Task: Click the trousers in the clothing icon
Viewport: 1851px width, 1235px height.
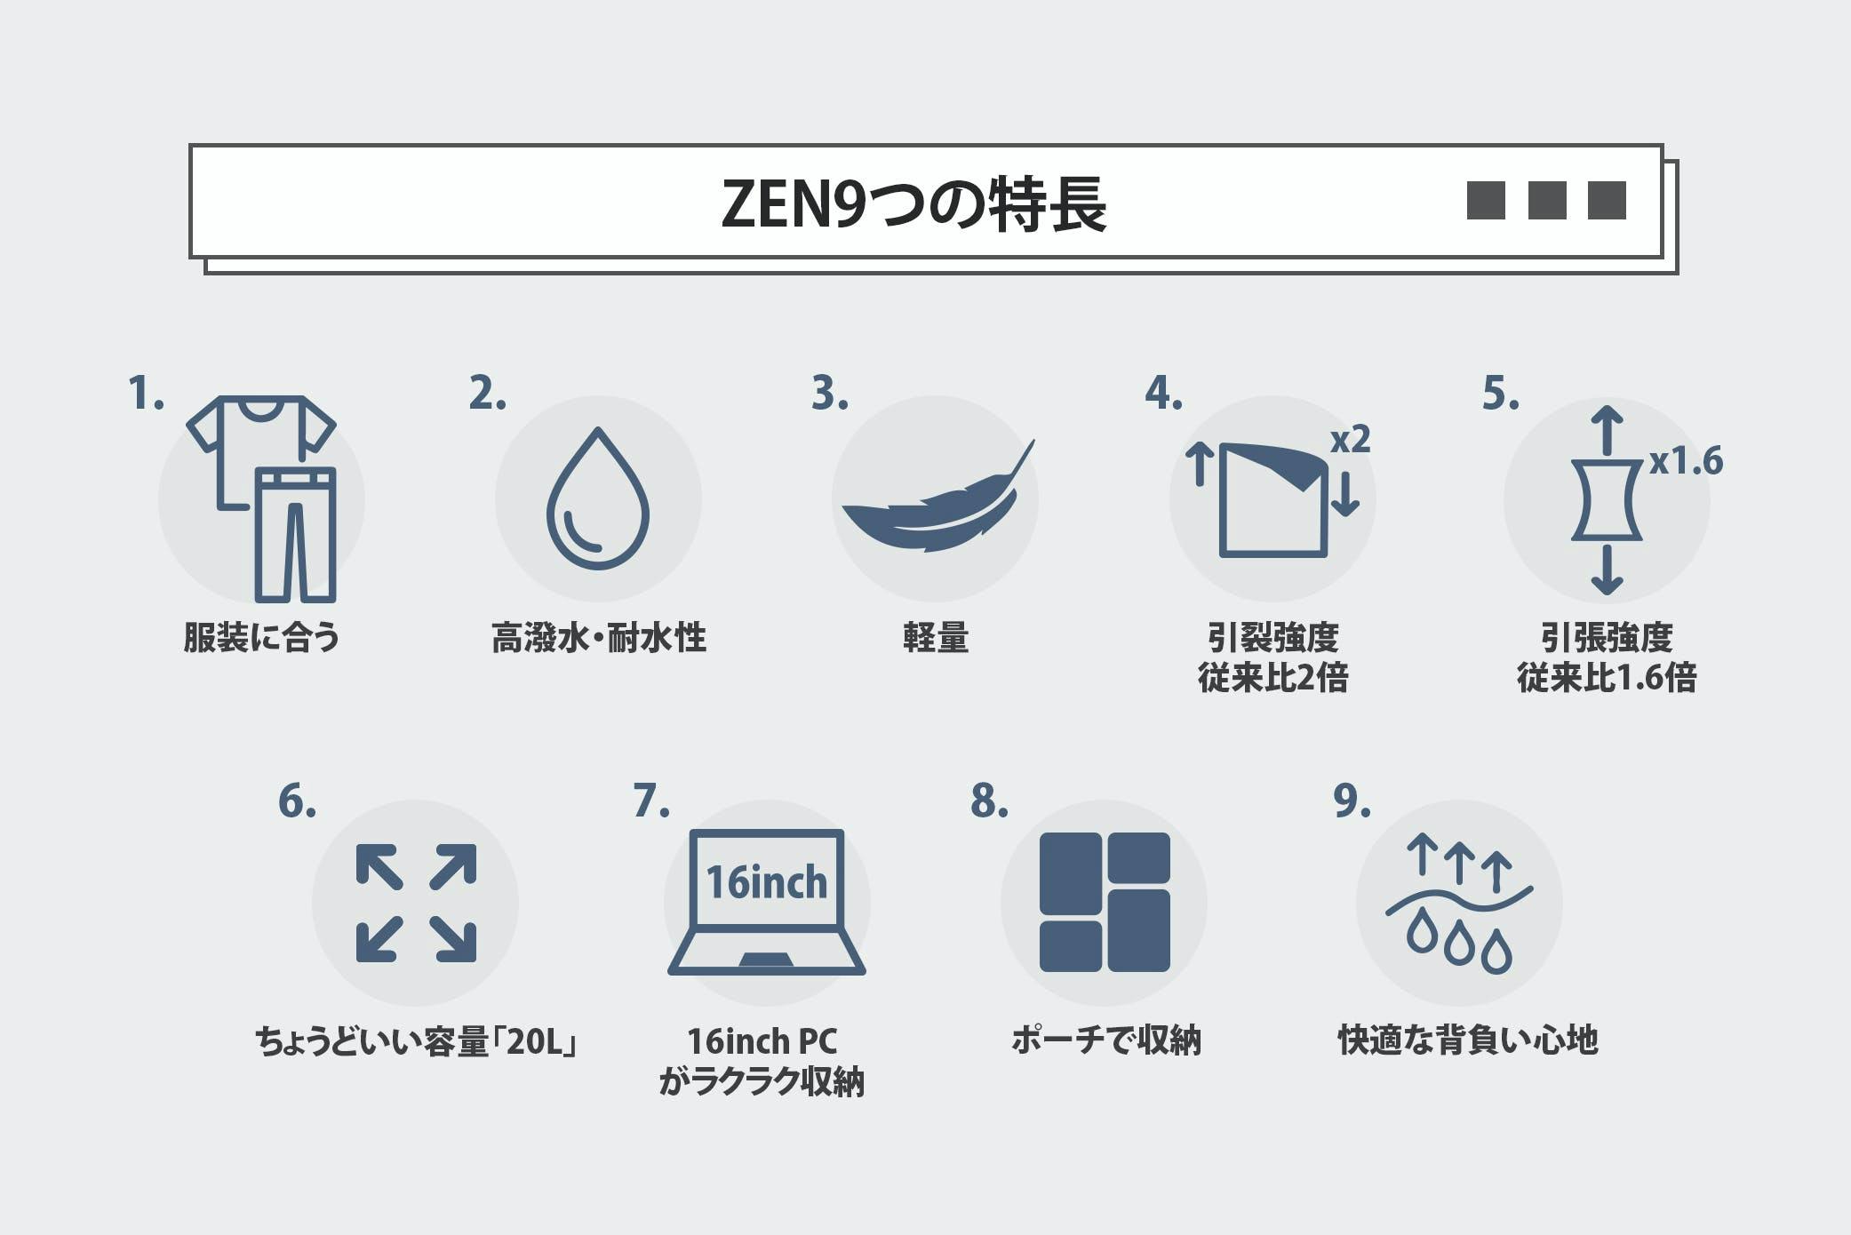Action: point(295,534)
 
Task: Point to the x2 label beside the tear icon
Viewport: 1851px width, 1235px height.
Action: point(1350,439)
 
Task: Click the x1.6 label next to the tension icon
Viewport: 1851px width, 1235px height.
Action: point(1686,461)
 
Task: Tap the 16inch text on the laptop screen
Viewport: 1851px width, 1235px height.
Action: point(766,882)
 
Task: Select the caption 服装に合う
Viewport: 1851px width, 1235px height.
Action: point(261,638)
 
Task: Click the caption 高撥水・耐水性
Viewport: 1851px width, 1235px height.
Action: point(599,638)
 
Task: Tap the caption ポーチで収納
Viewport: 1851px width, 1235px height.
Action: point(1105,1040)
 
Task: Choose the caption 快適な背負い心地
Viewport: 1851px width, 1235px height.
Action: point(1468,1040)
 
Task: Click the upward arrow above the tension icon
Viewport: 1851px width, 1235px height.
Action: point(1607,430)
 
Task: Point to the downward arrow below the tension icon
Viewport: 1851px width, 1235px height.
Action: point(1607,570)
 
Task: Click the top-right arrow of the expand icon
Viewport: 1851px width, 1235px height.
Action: point(453,866)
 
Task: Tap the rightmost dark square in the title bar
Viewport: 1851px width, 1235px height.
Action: point(1607,200)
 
